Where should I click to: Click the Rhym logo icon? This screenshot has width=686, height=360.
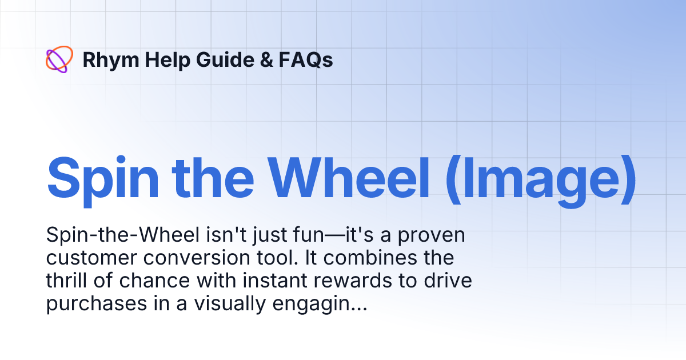coord(59,59)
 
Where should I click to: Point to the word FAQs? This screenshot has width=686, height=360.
coord(306,60)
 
